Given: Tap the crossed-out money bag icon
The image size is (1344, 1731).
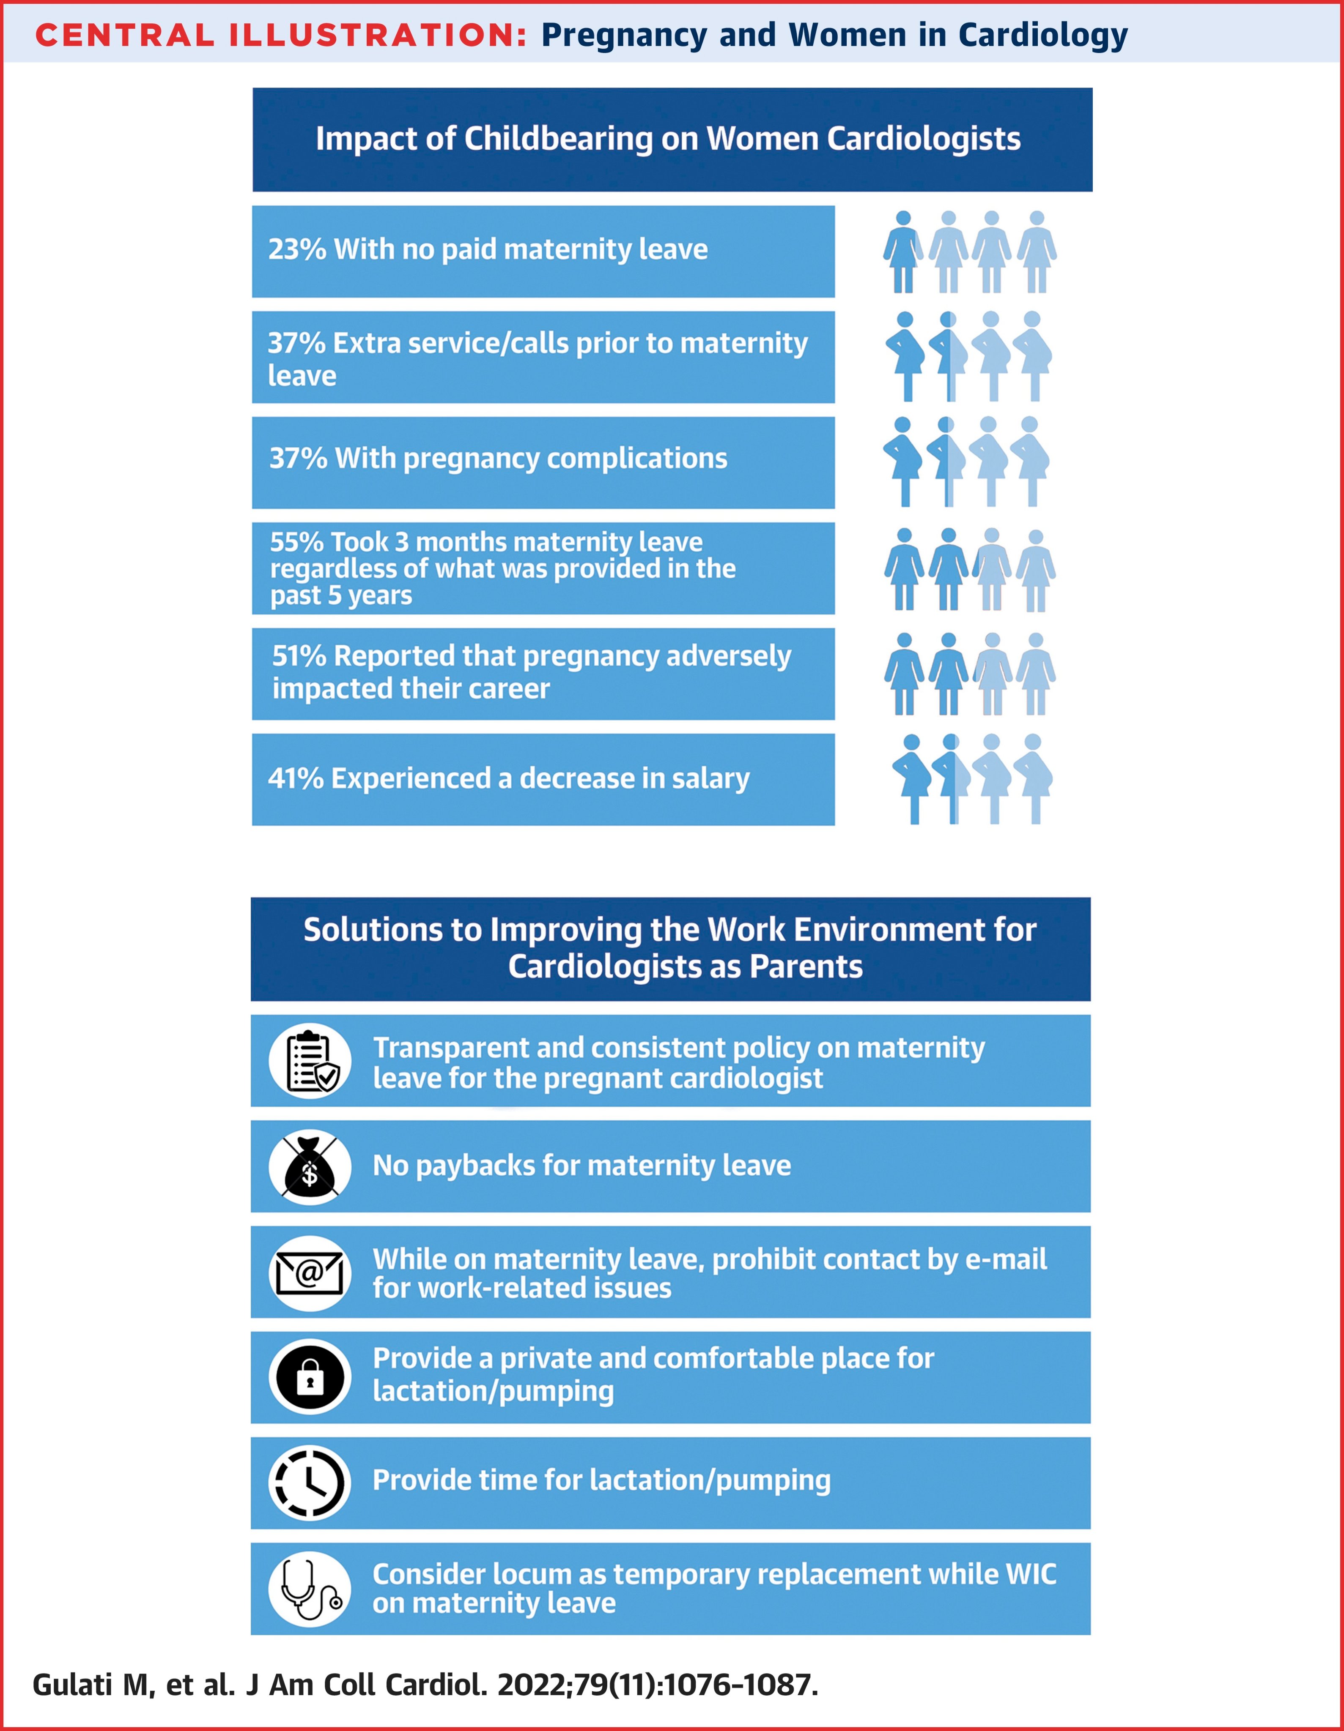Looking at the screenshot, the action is coord(310,1167).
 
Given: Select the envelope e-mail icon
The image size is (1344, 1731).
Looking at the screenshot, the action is coord(310,1272).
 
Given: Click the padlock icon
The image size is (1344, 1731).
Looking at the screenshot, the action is coord(310,1378).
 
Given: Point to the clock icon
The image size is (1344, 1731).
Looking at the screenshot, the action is coord(310,1483).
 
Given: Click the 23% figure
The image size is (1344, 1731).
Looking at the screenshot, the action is coord(297,250).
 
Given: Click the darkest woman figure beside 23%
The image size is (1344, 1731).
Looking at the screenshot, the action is coord(903,252).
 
